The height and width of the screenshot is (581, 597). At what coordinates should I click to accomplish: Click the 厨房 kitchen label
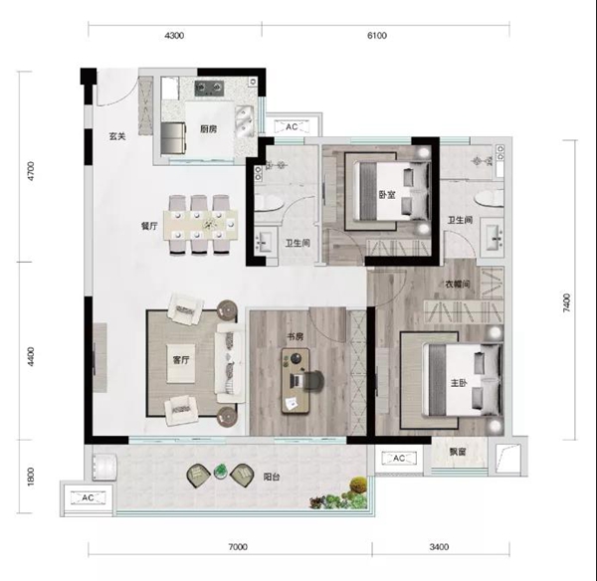pyautogui.click(x=209, y=129)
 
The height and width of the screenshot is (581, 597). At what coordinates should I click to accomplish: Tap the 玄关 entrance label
pyautogui.click(x=117, y=136)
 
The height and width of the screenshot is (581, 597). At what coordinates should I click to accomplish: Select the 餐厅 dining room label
pyautogui.click(x=149, y=226)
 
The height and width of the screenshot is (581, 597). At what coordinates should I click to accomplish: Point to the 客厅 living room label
pyautogui.click(x=181, y=360)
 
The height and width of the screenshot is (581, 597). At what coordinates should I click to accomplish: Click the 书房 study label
pyautogui.click(x=296, y=336)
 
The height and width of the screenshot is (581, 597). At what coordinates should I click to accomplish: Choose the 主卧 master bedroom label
pyautogui.click(x=459, y=383)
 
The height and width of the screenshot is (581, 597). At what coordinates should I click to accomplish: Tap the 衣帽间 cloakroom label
pyautogui.click(x=458, y=284)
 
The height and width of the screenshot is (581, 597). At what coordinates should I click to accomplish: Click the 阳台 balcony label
pyautogui.click(x=272, y=477)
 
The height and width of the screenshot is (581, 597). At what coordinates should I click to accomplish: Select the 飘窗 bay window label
pyautogui.click(x=458, y=452)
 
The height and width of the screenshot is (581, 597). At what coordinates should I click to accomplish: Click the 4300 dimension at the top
pyautogui.click(x=174, y=36)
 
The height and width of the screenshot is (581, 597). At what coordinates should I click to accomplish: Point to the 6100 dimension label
pyautogui.click(x=377, y=36)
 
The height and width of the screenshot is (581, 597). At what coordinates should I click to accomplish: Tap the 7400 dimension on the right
pyautogui.click(x=567, y=302)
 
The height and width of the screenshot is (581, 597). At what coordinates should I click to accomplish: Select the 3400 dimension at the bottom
pyautogui.click(x=439, y=547)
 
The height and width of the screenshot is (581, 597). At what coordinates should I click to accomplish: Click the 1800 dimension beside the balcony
pyautogui.click(x=31, y=477)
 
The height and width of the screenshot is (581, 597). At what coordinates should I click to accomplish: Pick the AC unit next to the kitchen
pyautogui.click(x=292, y=126)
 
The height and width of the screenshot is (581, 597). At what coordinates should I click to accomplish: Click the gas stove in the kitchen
pyautogui.click(x=208, y=89)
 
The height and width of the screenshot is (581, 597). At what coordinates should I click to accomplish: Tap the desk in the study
pyautogui.click(x=296, y=381)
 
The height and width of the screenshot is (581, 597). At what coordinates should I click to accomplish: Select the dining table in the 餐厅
pyautogui.click(x=201, y=225)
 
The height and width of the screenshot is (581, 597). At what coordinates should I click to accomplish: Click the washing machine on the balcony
pyautogui.click(x=104, y=467)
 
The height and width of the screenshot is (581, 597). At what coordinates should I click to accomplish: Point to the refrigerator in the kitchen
pyautogui.click(x=173, y=138)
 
